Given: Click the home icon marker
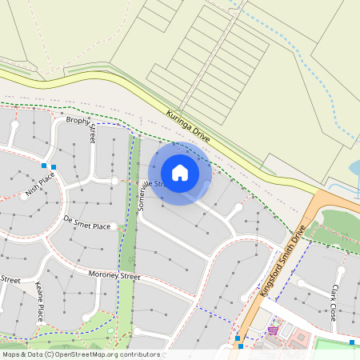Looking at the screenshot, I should click(180, 173).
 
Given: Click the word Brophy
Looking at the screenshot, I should click(78, 121).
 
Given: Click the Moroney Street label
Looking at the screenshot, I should click(114, 277).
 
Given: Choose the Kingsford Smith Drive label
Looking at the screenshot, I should click(284, 261).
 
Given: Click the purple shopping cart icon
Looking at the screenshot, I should click(273, 330).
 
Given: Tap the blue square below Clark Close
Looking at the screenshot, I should click(352, 342).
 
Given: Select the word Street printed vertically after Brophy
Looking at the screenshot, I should click(92, 134).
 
